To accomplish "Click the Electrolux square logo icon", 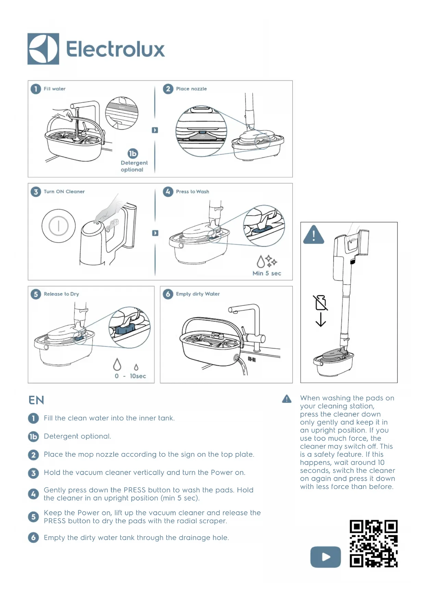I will pyautogui.click(x=43, y=49).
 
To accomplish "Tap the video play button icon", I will pyautogui.click(x=325, y=557).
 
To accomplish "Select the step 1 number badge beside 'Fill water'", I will pyautogui.click(x=36, y=89).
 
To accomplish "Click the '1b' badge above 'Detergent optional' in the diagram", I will pyautogui.click(x=133, y=153).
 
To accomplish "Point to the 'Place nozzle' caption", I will pyautogui.click(x=191, y=89).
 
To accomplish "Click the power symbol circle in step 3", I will pyautogui.click(x=59, y=226).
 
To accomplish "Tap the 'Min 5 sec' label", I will pyautogui.click(x=266, y=273).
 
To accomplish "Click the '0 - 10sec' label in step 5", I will pyautogui.click(x=130, y=376).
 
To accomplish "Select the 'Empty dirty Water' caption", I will pyautogui.click(x=198, y=294).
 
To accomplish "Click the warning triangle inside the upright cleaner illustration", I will pyautogui.click(x=313, y=235).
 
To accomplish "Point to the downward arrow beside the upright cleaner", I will pyautogui.click(x=321, y=319).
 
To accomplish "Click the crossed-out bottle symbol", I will pyautogui.click(x=321, y=303).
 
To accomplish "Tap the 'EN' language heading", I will pyautogui.click(x=36, y=400).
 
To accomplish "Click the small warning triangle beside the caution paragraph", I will pyautogui.click(x=287, y=399).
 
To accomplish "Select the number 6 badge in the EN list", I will pyautogui.click(x=33, y=537).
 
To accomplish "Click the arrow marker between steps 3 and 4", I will pyautogui.click(x=155, y=233).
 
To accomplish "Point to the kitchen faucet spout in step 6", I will pyautogui.click(x=232, y=309).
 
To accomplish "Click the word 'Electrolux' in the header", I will pyautogui.click(x=115, y=49).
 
